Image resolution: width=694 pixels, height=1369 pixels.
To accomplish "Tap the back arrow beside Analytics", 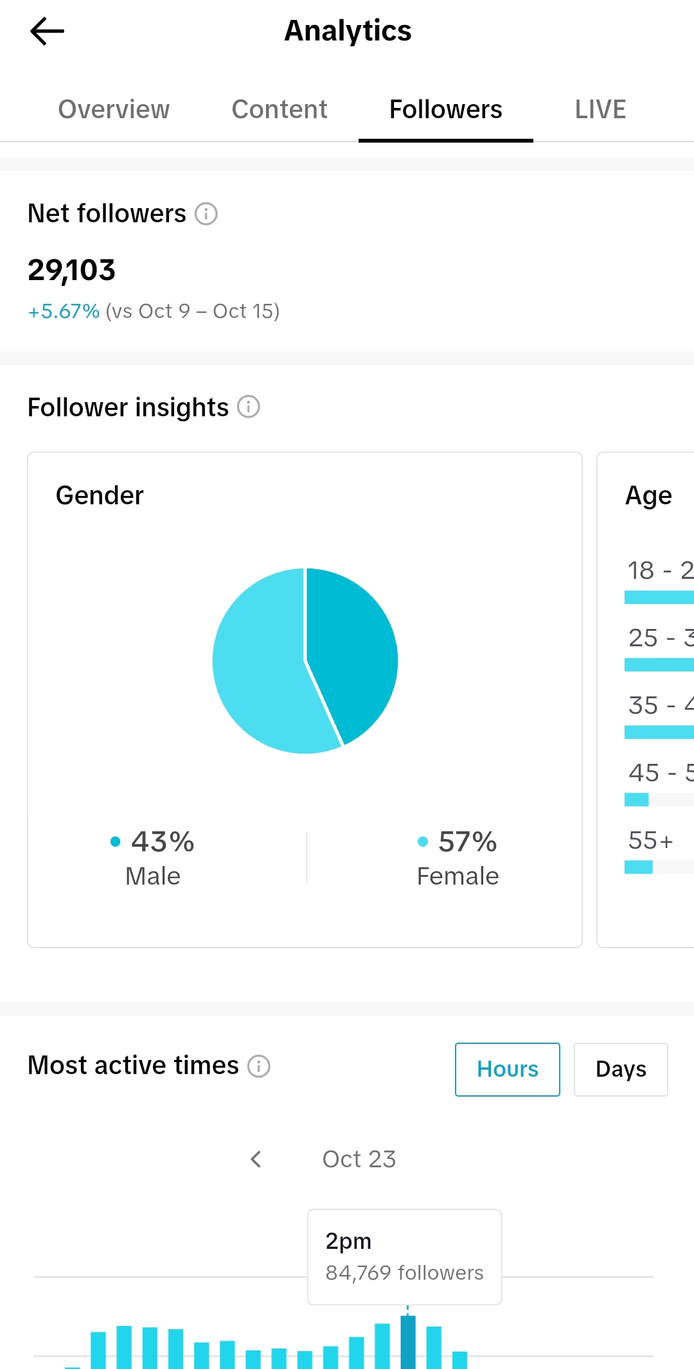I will point(47,31).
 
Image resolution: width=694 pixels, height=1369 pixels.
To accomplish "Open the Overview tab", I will point(114,109).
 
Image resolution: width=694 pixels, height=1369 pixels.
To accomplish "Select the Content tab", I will point(280,109).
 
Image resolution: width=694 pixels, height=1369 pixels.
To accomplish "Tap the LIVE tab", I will point(600,109).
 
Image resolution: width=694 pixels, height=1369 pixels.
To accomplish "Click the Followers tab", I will point(445,109).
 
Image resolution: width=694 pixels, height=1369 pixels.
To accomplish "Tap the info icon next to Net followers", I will point(206,213).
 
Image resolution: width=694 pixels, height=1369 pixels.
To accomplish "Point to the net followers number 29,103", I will point(71,270).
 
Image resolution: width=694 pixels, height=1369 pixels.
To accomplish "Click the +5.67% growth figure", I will point(64,312).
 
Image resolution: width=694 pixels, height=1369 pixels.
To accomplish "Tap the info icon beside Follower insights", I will point(249,407).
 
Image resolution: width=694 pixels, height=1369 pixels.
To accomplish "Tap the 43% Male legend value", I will point(162,842).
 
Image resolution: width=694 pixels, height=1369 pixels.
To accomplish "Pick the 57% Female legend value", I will point(467,842).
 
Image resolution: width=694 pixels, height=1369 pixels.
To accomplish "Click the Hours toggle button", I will point(507,1069).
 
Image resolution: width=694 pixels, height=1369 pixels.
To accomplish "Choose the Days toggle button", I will point(621,1069).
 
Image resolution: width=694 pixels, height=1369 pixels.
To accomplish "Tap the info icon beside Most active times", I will point(259,1066).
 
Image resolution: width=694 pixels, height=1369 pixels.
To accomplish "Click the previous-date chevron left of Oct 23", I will point(256,1159).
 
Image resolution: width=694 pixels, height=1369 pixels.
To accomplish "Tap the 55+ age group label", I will point(650,840).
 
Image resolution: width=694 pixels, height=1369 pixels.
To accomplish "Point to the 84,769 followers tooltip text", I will point(404,1273).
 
